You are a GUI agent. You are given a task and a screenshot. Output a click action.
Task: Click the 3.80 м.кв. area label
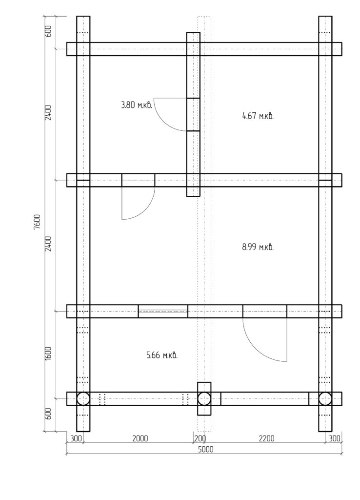pyautogui.click(x=137, y=105)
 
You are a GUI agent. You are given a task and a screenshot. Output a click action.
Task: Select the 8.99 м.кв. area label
pyautogui.click(x=258, y=247)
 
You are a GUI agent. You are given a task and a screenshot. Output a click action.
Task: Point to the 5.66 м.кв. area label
pyautogui.click(x=162, y=355)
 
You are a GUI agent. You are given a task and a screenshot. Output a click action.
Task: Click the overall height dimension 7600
pyautogui.click(x=37, y=222)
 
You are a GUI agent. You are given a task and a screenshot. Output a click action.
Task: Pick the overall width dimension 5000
pyautogui.click(x=206, y=449)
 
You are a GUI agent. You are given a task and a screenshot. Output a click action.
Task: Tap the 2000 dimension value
pyautogui.click(x=140, y=438)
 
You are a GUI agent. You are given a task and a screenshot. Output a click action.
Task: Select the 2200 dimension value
pyautogui.click(x=266, y=438)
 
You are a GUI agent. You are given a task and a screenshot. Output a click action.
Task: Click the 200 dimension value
pyautogui.click(x=200, y=438)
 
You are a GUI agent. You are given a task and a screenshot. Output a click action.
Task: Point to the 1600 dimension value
pyautogui.click(x=48, y=354)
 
